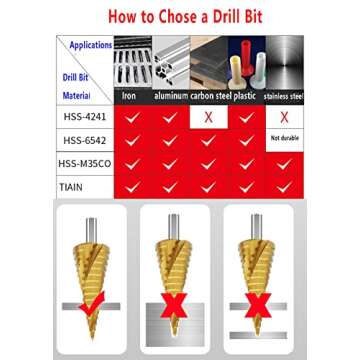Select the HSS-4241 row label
click(82, 116)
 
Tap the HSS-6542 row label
click(82, 141)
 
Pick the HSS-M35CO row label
click(82, 164)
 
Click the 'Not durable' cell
click(283, 139)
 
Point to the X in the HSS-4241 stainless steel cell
click(283, 116)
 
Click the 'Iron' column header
click(130, 96)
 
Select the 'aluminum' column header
click(169, 96)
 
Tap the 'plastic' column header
click(245, 96)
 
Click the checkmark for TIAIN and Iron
click(130, 188)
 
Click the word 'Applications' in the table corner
click(91, 45)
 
